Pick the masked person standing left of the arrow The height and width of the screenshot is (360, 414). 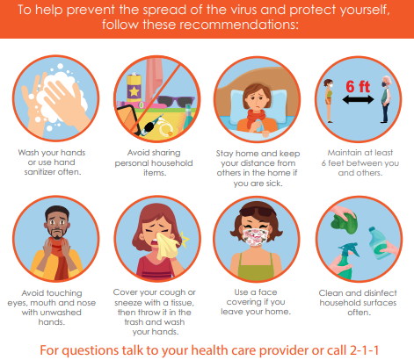point(329,100)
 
